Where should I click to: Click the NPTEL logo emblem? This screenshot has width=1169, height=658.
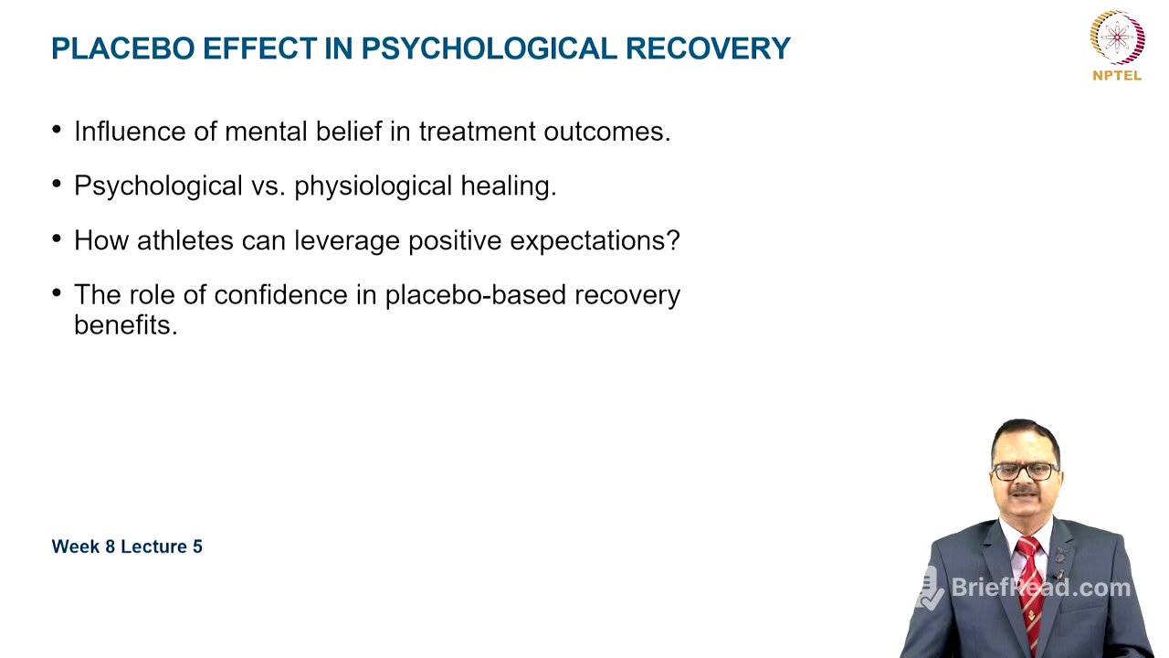coord(1117,37)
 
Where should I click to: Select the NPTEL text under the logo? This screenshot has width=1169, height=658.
coord(1117,76)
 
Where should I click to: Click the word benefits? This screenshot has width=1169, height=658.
coord(125,325)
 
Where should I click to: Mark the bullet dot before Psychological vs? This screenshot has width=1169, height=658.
coord(58,184)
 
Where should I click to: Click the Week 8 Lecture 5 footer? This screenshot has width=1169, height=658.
coord(127,547)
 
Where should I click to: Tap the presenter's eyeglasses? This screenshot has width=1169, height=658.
coord(1025,471)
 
